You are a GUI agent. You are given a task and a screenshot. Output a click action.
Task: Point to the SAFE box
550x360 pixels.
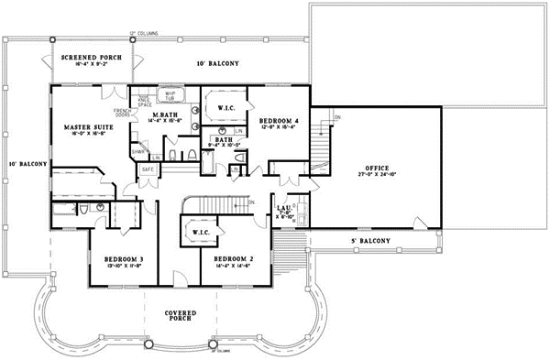coord(147,169)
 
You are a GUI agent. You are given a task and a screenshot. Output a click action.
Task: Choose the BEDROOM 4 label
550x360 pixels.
coord(278,121)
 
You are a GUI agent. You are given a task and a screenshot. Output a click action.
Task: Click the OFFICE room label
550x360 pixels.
coord(377,169)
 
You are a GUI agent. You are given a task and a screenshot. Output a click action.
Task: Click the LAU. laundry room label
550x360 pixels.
coord(284,208)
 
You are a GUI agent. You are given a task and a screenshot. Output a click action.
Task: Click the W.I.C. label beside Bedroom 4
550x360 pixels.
coord(227,108)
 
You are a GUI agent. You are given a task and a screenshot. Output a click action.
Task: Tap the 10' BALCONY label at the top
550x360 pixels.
coord(218,63)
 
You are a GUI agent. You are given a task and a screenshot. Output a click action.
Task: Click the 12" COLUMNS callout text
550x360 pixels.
coord(144,33)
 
